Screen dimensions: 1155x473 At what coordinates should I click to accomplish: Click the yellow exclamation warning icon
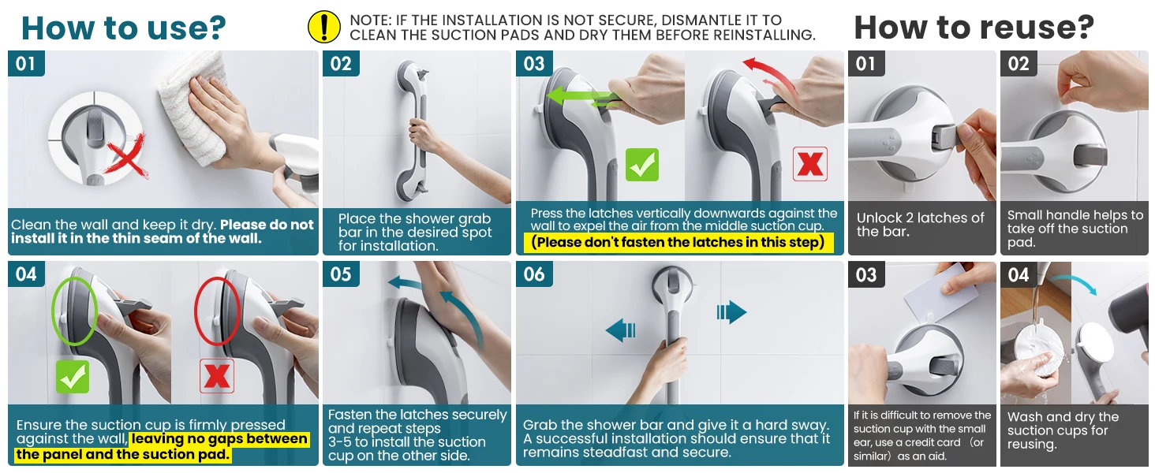coord(323,27)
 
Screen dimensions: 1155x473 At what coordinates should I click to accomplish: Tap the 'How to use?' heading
coord(124,28)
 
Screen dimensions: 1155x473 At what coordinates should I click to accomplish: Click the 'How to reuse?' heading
coord(974,27)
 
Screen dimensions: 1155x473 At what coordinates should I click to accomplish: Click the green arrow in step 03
coord(583,97)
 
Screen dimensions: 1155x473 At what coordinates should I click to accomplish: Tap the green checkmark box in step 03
coord(642,165)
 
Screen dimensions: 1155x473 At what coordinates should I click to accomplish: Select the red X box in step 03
coord(810,164)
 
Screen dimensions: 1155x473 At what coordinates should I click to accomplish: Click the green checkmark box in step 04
coord(73,377)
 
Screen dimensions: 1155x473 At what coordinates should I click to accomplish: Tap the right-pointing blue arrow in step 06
coord(731,312)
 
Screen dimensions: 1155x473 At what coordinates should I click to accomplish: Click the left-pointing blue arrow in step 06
coord(620,330)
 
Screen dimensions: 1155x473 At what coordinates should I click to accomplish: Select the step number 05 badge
coord(341,274)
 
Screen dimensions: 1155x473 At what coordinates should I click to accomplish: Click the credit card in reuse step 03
coord(941,291)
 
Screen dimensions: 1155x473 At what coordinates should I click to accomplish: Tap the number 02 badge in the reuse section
coord(1019,63)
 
